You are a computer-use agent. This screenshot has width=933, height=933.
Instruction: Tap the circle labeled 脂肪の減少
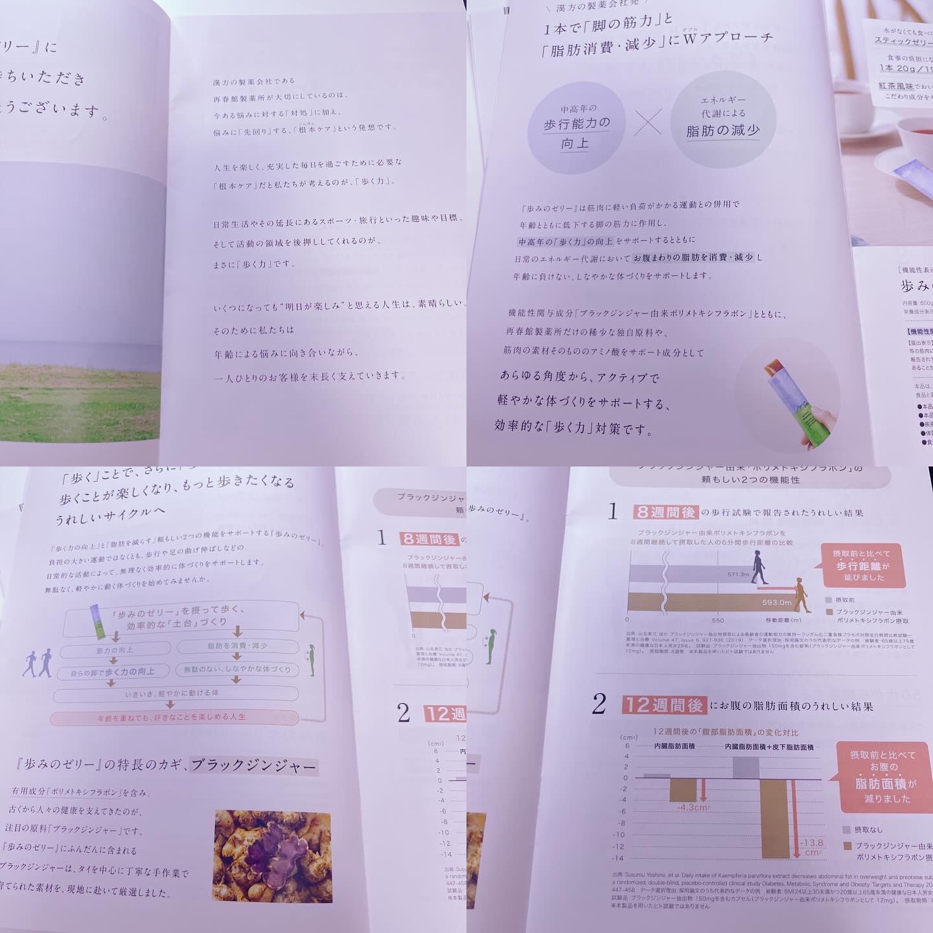(x=723, y=121)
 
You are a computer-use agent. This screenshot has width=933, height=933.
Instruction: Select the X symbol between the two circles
(x=648, y=122)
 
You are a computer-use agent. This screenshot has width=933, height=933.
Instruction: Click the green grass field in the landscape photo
(x=78, y=402)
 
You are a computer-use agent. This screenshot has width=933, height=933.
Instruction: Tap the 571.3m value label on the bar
(x=737, y=574)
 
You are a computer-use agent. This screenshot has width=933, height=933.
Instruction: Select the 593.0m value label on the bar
(x=776, y=603)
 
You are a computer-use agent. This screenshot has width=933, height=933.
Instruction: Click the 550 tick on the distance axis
(x=717, y=621)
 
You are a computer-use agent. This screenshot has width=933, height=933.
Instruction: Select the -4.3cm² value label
(x=691, y=808)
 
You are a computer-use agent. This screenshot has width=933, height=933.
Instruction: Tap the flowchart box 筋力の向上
(x=115, y=649)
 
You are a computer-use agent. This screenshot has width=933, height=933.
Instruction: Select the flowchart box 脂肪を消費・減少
(x=237, y=645)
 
